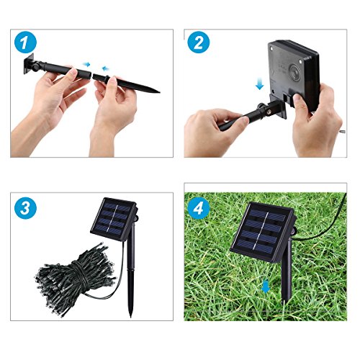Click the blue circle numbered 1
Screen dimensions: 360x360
click(25, 42)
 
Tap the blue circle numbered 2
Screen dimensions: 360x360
click(199, 42)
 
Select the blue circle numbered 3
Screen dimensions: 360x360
click(25, 208)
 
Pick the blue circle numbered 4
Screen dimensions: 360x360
click(199, 208)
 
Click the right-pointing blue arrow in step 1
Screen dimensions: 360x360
click(86, 64)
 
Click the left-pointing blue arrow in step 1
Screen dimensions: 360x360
click(105, 68)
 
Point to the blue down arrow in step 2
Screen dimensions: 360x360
click(259, 84)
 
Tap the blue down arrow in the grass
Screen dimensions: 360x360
click(266, 287)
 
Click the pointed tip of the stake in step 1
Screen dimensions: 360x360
click(159, 91)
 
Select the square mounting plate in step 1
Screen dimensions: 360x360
click(29, 63)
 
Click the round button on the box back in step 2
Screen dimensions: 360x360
click(294, 72)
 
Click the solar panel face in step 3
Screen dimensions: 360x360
click(114, 219)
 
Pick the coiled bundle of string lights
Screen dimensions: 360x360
click(76, 279)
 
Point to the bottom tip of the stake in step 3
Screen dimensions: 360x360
click(131, 316)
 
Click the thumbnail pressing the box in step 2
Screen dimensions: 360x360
click(297, 99)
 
